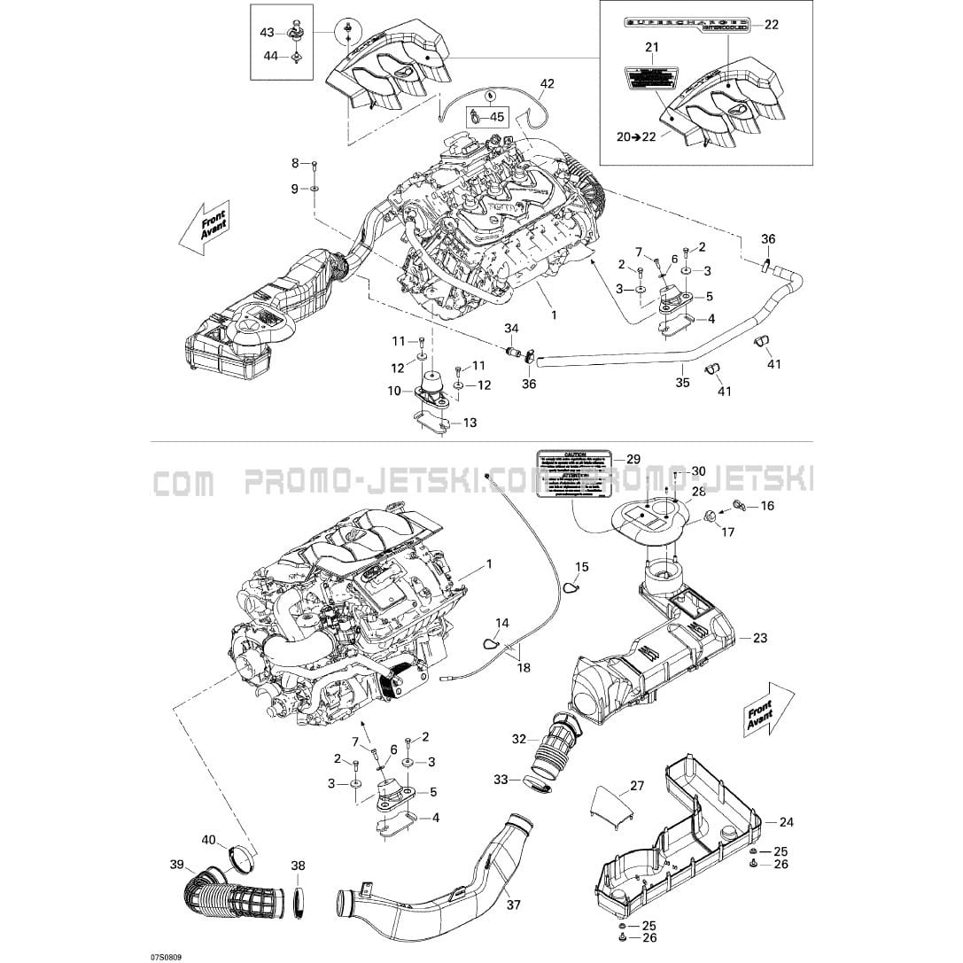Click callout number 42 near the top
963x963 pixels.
[548, 84]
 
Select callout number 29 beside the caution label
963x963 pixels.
[633, 459]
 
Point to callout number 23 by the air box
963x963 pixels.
[760, 637]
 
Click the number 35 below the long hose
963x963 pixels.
[682, 384]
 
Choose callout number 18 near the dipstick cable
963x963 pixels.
[524, 666]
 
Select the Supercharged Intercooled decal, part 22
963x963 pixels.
[687, 24]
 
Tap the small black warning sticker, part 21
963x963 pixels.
[651, 78]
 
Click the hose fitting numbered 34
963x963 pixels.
[511, 353]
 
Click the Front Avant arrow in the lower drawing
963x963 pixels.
[759, 709]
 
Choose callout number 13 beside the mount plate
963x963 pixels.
[470, 423]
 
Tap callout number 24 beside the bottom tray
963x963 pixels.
[787, 822]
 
